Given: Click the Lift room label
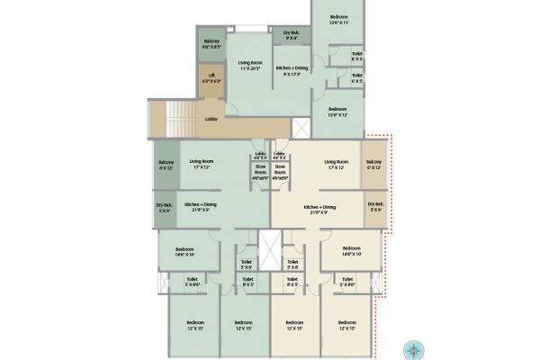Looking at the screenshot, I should [211, 77].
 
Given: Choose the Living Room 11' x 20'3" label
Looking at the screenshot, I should [248, 65].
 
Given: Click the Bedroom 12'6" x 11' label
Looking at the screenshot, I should [338, 20].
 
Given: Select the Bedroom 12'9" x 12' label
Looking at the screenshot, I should [338, 112].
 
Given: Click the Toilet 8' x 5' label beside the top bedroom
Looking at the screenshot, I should [357, 57].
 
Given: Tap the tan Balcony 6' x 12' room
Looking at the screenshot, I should [374, 165].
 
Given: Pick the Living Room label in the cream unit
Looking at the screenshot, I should [336, 165].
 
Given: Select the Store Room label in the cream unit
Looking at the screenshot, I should [280, 172].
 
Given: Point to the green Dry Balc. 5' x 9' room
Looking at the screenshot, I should [165, 209].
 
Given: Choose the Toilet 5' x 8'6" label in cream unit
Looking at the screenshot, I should [346, 281].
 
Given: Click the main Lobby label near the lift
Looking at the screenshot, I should [211, 118].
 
